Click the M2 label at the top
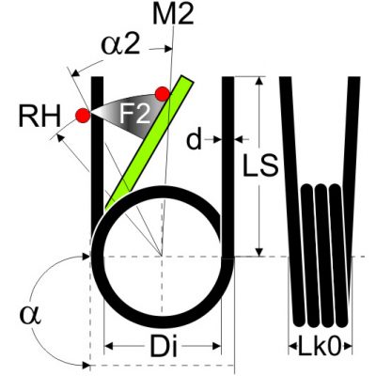173,14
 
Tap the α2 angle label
120,46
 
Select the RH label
39,117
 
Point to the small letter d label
194,140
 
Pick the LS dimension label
260,164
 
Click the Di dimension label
164,346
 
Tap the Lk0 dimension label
320,346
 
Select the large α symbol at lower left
30,315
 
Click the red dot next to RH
83,116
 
